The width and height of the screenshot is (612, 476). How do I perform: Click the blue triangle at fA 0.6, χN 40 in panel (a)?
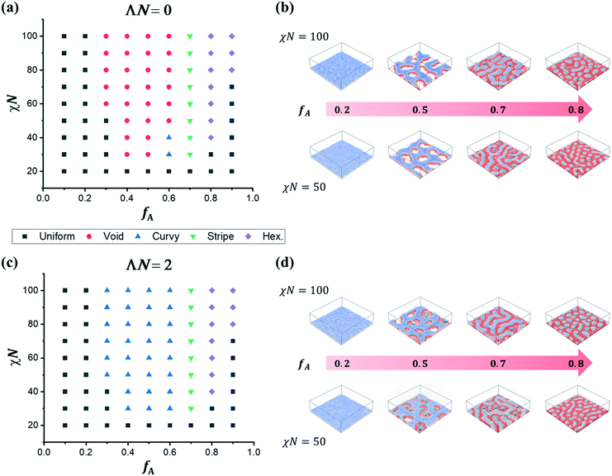169,137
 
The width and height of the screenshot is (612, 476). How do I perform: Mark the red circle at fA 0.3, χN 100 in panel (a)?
107,36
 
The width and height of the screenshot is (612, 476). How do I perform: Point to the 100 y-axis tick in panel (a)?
33,36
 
